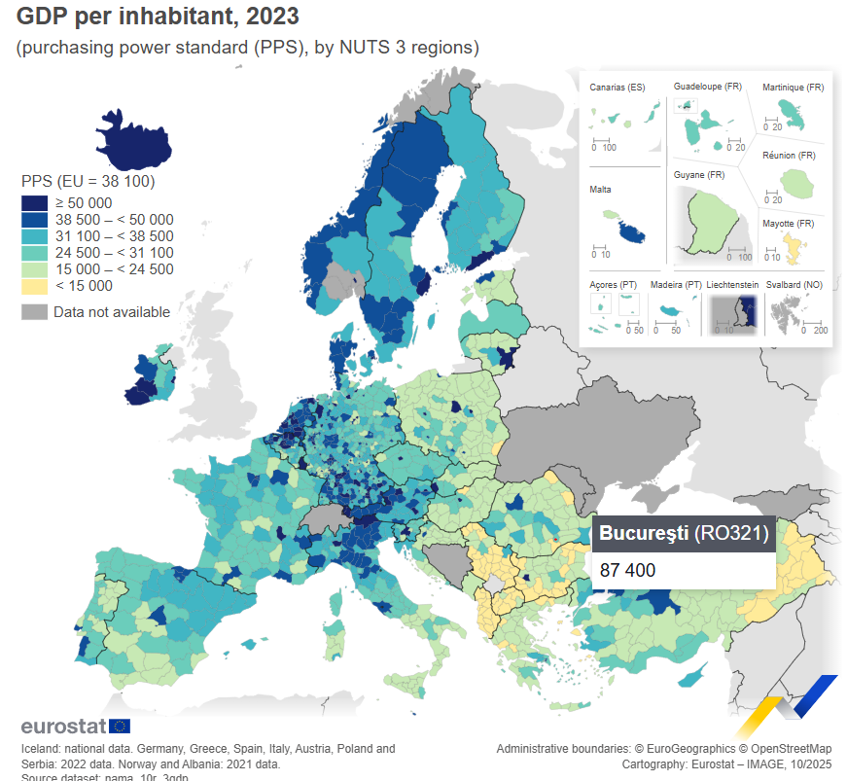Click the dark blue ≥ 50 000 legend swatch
[x=34, y=202]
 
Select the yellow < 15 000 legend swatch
[x=34, y=286]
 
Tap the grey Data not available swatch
[x=34, y=312]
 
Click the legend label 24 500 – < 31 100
[x=114, y=252]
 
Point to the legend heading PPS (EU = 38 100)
[x=88, y=181]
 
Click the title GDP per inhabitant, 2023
[x=158, y=17]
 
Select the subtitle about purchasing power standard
[x=247, y=47]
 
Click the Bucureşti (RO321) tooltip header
[x=684, y=533]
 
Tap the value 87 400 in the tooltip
[x=628, y=570]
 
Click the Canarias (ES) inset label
[x=618, y=88]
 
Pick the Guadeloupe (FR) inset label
[x=707, y=87]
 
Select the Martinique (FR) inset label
[x=793, y=88]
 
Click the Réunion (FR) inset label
[x=789, y=156]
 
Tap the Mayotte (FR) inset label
[x=788, y=224]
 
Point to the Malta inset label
[x=600, y=190]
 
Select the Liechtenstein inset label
[x=732, y=285]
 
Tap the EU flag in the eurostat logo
[x=120, y=726]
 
